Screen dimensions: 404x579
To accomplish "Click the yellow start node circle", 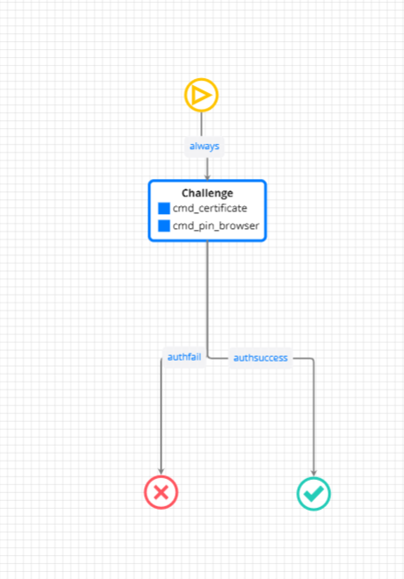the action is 201,79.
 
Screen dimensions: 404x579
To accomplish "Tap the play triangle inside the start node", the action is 201,96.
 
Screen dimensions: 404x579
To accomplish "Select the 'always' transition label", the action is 205,147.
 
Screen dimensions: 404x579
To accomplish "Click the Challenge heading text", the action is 207,193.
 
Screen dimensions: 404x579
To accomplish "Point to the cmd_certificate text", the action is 210,208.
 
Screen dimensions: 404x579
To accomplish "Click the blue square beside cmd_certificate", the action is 164,208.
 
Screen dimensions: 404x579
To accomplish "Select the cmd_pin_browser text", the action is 216,225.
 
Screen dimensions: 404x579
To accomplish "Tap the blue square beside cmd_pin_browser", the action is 164,225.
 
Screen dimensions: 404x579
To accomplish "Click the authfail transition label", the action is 184,357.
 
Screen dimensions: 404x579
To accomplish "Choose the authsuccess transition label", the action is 261,358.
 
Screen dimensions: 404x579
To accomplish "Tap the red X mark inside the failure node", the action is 161,493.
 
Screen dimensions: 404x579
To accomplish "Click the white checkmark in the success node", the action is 314,494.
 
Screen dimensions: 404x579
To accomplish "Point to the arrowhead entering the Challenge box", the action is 207,177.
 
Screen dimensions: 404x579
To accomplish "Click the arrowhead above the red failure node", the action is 161,471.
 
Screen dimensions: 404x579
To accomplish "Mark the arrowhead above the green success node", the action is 314,473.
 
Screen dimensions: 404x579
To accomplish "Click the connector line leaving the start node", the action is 201,124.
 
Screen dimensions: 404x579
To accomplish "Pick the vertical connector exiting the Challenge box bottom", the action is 207,297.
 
